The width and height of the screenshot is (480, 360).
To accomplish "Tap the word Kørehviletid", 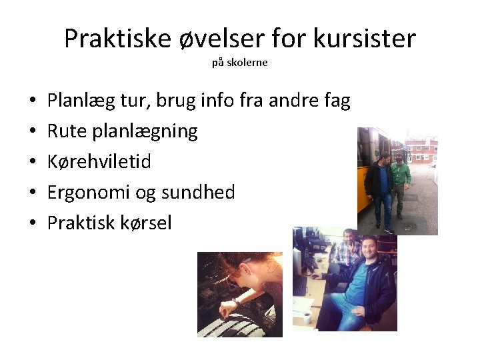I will (x=99, y=161).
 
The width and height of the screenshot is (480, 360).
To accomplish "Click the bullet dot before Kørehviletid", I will (x=33, y=162).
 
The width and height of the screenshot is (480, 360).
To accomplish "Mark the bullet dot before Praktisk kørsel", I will (x=33, y=223).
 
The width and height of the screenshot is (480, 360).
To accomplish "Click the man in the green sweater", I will (x=401, y=180).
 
